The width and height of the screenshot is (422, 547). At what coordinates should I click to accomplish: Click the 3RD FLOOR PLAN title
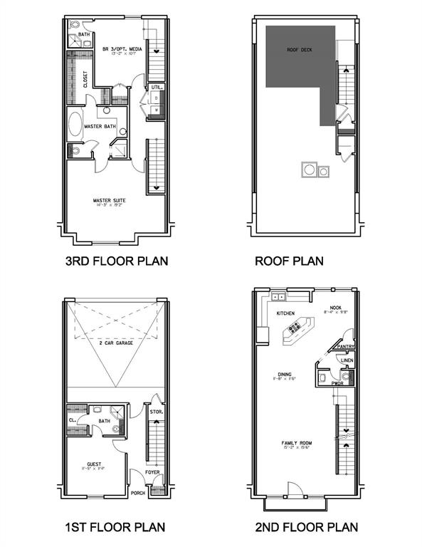117,261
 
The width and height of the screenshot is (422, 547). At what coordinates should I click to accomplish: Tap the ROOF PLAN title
289,261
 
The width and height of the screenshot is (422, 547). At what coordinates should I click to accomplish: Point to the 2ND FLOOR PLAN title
307,527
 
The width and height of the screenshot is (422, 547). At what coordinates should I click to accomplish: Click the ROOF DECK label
300,50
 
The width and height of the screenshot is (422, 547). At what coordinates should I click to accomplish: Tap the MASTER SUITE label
110,202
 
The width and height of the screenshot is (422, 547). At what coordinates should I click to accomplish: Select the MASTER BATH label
100,126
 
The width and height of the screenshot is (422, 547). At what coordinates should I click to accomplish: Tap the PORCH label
139,491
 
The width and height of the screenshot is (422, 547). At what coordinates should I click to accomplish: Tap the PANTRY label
346,347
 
